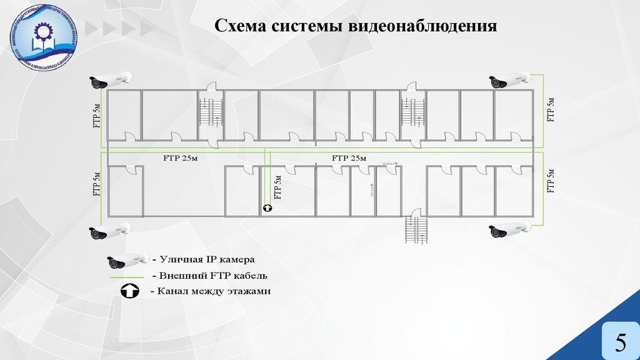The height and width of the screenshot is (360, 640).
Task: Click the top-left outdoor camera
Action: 109,79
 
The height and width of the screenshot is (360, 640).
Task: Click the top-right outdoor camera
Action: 509,80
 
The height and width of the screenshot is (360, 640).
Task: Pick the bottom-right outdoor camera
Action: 509,229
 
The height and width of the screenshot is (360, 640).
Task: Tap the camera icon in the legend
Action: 127,260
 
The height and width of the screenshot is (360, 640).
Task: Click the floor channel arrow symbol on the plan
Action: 267,209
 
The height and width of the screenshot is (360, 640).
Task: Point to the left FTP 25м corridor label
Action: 181,158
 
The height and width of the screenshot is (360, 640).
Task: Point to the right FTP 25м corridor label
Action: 349,158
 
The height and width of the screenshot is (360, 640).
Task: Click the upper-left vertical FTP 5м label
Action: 96,117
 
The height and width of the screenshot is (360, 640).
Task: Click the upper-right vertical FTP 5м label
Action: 551,109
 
